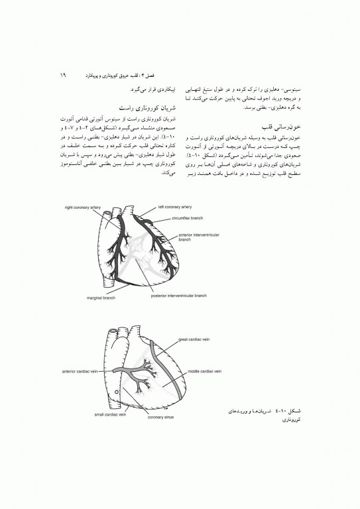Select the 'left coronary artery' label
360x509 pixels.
175,206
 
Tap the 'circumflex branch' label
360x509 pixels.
187,217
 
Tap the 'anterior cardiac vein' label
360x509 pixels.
79,372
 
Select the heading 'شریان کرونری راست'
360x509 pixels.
145,106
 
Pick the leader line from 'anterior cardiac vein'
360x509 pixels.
106,371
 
